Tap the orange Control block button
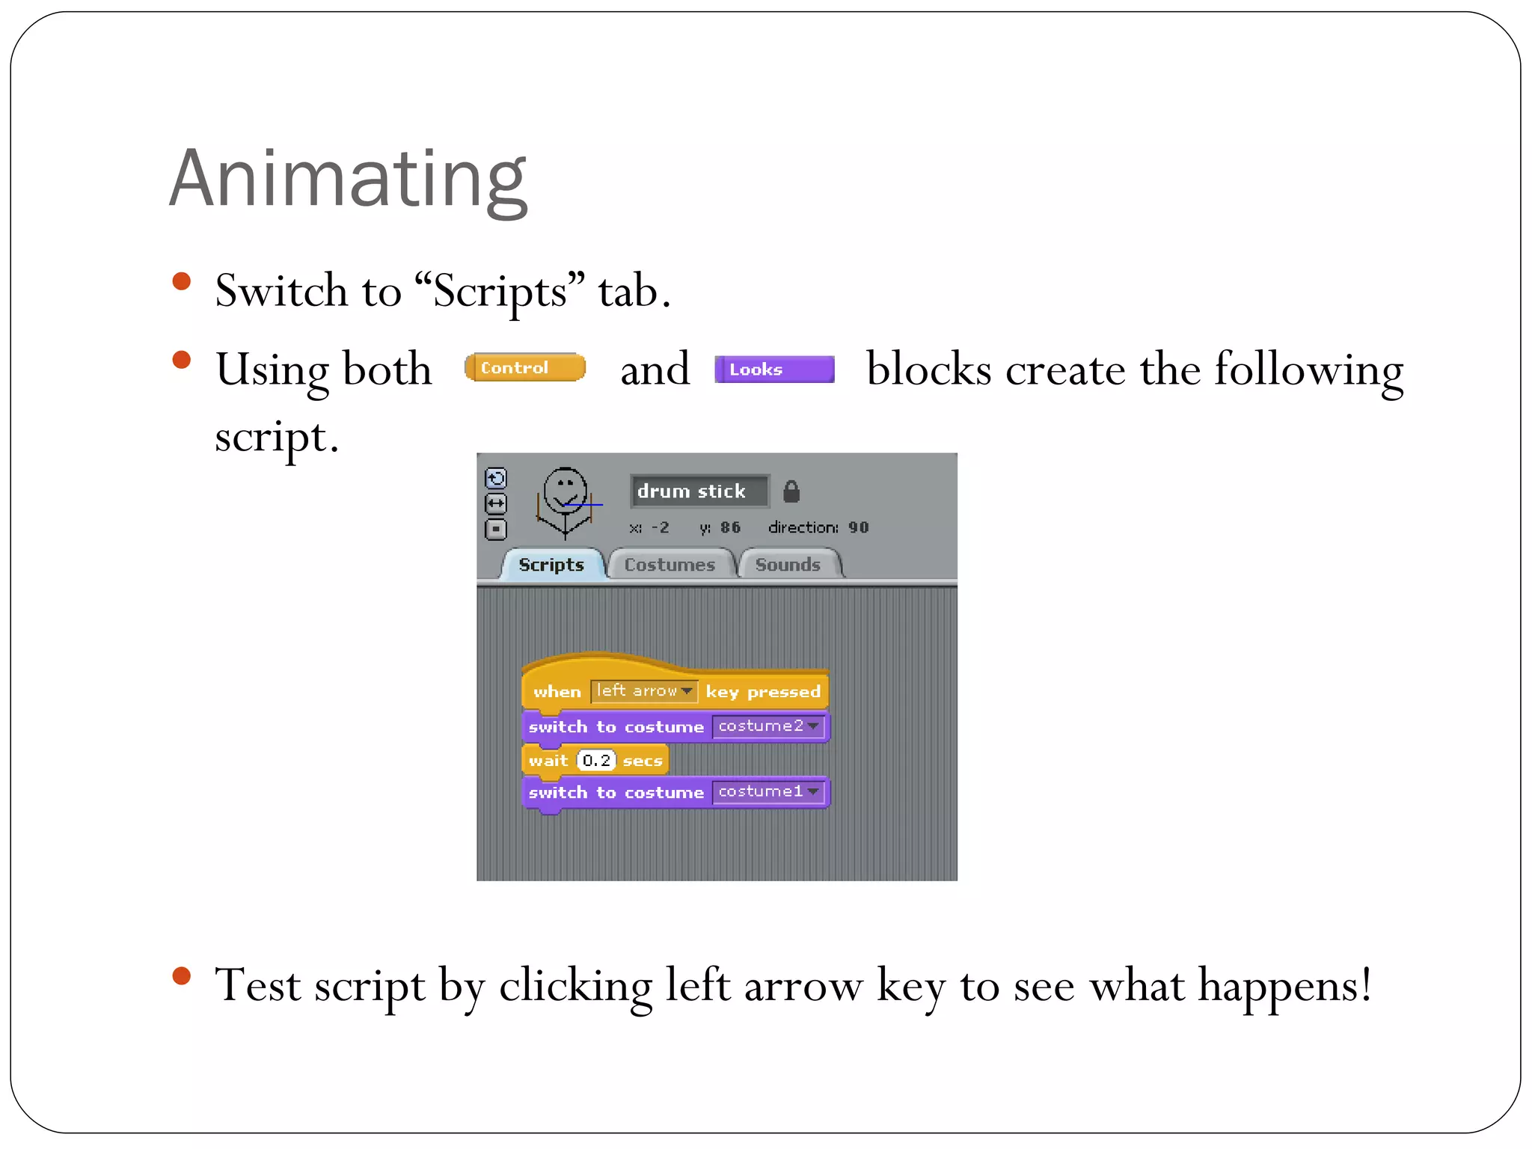pyautogui.click(x=524, y=367)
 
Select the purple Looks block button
pyautogui.click(x=774, y=369)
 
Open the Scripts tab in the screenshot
pyautogui.click(x=551, y=565)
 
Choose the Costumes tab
pyautogui.click(x=670, y=565)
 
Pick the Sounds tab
pyautogui.click(x=788, y=565)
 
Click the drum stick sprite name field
pyautogui.click(x=698, y=491)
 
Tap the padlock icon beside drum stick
pyautogui.click(x=791, y=491)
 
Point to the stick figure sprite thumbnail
pyautogui.click(x=566, y=501)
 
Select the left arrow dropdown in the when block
pyautogui.click(x=644, y=691)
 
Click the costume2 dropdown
pyautogui.click(x=768, y=726)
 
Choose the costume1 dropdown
pyautogui.click(x=768, y=791)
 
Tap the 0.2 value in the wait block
pyautogui.click(x=596, y=761)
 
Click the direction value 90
pyautogui.click(x=859, y=527)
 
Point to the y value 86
pyautogui.click(x=730, y=527)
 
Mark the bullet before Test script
pyautogui.click(x=181, y=975)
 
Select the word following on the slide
pyautogui.click(x=1308, y=370)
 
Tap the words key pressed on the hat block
pyautogui.click(x=763, y=692)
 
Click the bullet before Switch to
pyautogui.click(x=181, y=281)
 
